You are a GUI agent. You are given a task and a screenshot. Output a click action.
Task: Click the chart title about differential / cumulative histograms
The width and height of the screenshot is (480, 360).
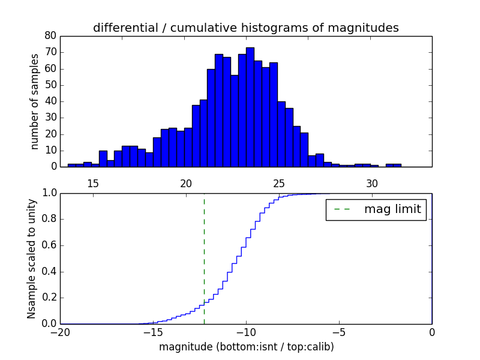coord(246,28)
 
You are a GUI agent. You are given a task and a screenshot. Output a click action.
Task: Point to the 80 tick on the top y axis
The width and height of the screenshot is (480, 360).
coord(50,36)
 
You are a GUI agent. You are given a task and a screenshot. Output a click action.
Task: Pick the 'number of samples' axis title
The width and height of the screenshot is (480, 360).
coord(35,101)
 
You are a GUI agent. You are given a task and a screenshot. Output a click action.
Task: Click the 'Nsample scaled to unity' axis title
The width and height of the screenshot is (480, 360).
coord(32,258)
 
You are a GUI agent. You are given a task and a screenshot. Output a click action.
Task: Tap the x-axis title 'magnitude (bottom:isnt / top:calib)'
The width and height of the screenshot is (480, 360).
coord(246,347)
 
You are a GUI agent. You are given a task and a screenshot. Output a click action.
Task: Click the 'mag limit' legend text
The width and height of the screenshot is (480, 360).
coord(393,209)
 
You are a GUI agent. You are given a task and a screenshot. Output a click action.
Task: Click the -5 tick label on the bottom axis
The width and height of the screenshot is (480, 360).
coord(338,332)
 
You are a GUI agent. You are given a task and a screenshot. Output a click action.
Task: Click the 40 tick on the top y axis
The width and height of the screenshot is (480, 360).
coord(50,101)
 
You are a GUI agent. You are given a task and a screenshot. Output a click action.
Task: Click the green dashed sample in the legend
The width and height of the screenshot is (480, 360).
coord(345,209)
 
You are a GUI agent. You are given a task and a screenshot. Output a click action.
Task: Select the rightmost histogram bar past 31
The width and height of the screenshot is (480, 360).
coord(394,165)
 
